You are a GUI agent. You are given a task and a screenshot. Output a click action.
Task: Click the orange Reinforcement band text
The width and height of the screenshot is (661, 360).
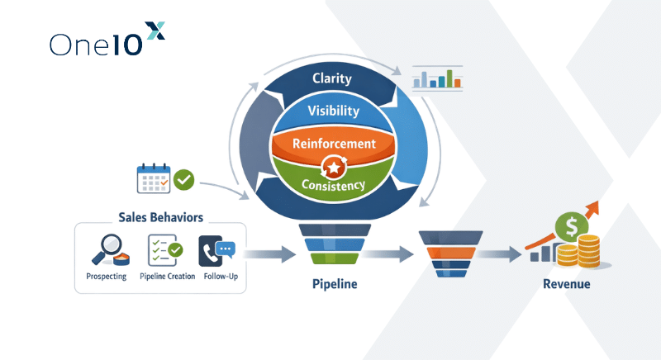click(335, 143)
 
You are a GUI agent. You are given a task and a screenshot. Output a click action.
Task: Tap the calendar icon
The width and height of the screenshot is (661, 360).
click(153, 179)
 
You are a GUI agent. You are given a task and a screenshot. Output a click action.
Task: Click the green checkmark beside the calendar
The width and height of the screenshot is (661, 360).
click(184, 178)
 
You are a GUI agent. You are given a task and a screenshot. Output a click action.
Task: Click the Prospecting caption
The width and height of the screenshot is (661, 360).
click(106, 276)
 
